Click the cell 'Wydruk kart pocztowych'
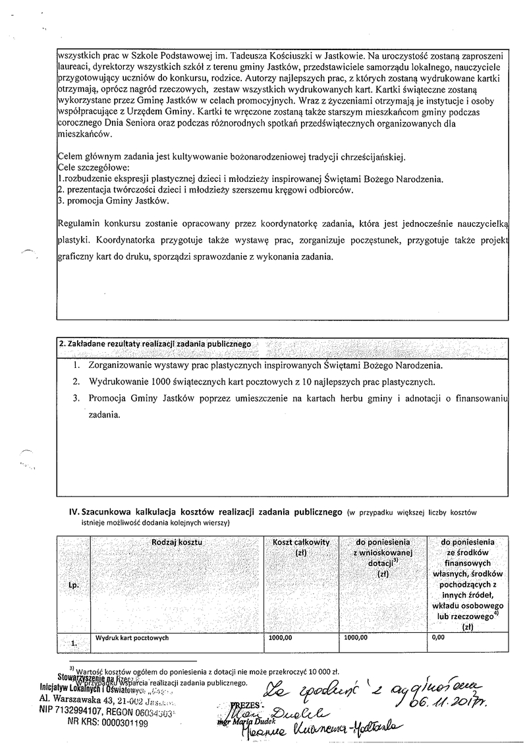tap(134, 638)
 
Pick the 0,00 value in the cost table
tap(439, 638)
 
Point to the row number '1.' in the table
tap(73, 640)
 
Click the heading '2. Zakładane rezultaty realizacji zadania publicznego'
tap(155, 344)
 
